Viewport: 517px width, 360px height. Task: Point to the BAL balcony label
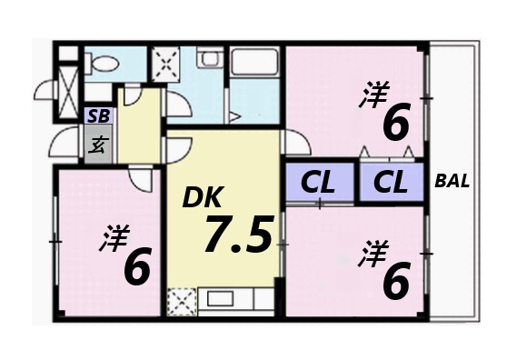coord(452,180)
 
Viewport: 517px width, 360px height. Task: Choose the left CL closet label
coord(319,182)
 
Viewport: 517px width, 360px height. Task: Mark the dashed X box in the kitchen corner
coord(182,300)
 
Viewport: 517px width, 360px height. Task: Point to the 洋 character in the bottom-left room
coord(113,238)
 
